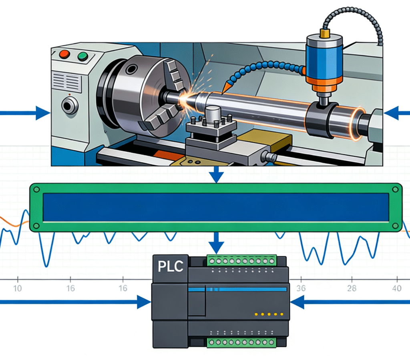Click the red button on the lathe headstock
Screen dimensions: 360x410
coord(64,53)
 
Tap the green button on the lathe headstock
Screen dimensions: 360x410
coord(83,56)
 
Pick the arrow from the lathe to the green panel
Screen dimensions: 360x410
coord(217,174)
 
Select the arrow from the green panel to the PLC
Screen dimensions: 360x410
coord(217,242)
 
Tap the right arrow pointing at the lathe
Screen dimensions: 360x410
coord(396,113)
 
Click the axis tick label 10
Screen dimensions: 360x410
coord(18,288)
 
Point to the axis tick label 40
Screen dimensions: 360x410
coord(396,288)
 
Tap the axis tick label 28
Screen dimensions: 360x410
coord(352,288)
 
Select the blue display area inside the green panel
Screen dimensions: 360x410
coord(216,207)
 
